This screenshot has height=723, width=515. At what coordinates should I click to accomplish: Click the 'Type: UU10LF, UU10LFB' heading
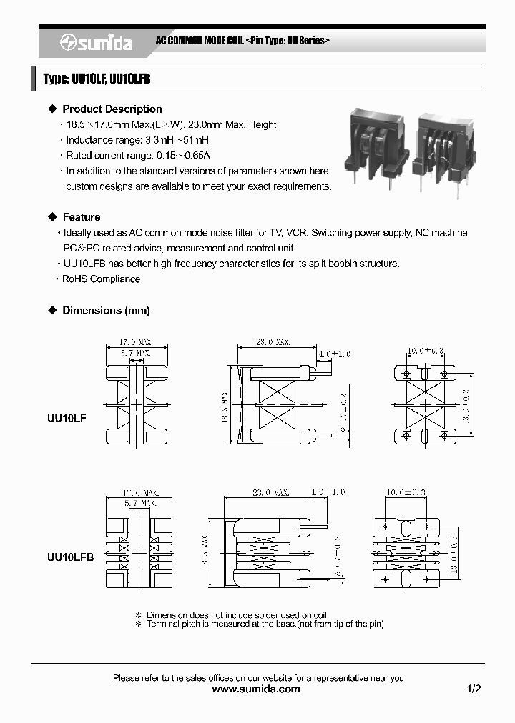[97, 79]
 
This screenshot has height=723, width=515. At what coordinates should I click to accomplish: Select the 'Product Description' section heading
[112, 109]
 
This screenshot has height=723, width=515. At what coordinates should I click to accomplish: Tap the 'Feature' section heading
[81, 217]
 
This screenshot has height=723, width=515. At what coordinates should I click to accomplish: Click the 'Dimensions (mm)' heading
[106, 311]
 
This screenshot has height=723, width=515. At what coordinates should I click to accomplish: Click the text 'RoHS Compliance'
[101, 279]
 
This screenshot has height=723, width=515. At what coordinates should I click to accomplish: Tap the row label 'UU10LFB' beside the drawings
[70, 557]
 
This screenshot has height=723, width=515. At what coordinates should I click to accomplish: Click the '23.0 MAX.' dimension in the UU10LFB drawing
[270, 492]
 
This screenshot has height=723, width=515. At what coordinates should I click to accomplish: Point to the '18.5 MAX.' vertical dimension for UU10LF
[225, 407]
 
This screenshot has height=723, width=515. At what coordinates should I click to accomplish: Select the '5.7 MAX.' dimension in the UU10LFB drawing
[139, 503]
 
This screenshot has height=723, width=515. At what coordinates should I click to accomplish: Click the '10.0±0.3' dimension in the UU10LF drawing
[426, 351]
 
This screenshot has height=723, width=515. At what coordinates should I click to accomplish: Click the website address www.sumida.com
[257, 689]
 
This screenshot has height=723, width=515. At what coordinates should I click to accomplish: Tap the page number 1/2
[474, 689]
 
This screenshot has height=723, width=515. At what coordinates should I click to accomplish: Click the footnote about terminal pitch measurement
[265, 624]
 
